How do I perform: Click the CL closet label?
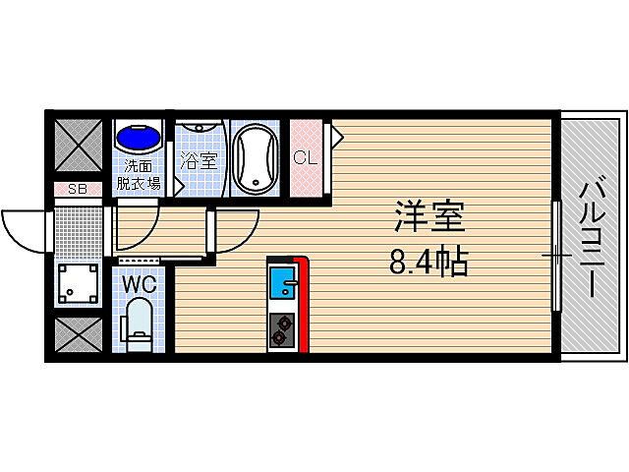pyautogui.click(x=306, y=157)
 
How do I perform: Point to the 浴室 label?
pyautogui.click(x=200, y=160)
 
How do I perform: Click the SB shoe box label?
pyautogui.click(x=76, y=190)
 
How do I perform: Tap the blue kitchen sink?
pyautogui.click(x=283, y=286)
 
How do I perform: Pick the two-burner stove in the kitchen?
pyautogui.click(x=281, y=331)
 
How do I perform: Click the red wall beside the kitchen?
pyautogui.click(x=304, y=305)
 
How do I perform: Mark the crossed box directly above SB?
pyautogui.click(x=76, y=146)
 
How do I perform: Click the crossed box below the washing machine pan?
pyautogui.click(x=76, y=334)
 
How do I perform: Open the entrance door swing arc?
pyautogui.click(x=25, y=232)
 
